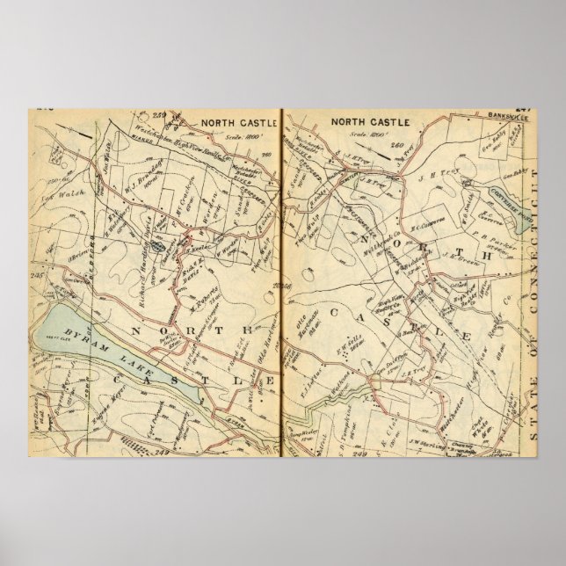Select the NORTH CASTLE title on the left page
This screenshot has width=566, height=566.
click(235, 123)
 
